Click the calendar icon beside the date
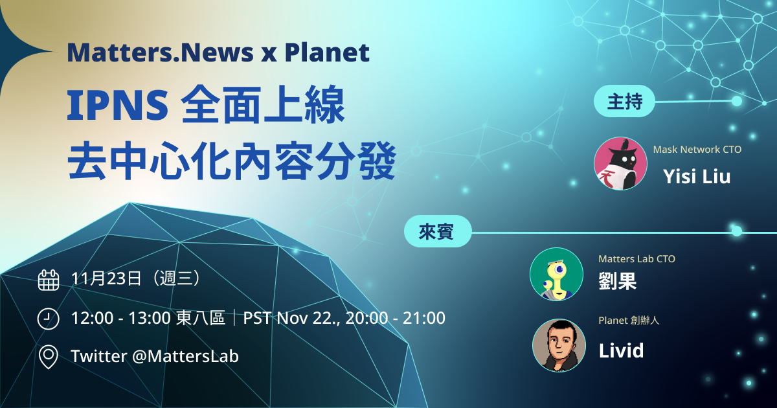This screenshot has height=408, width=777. pyautogui.click(x=49, y=280)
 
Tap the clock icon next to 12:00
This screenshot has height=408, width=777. pyautogui.click(x=48, y=319)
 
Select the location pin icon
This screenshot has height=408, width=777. pyautogui.click(x=49, y=357)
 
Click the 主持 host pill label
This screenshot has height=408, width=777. pyautogui.click(x=624, y=101)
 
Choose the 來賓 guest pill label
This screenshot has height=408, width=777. pyautogui.click(x=438, y=231)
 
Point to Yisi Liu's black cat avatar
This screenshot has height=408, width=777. pyautogui.click(x=620, y=163)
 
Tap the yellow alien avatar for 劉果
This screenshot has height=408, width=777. pyautogui.click(x=556, y=274)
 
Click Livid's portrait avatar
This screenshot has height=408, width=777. pyautogui.click(x=559, y=345)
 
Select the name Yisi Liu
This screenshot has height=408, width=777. pyautogui.click(x=697, y=177)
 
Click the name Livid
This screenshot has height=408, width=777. pyautogui.click(x=621, y=350)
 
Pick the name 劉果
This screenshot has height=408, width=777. pyautogui.click(x=618, y=281)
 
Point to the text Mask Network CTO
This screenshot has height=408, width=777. pyautogui.click(x=697, y=150)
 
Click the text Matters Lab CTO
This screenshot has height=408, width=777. pyautogui.click(x=637, y=259)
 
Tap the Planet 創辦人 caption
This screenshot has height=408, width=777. pyautogui.click(x=629, y=320)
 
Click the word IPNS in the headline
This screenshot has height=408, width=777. pyautogui.click(x=118, y=105)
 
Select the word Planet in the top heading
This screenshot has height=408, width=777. pyautogui.click(x=327, y=52)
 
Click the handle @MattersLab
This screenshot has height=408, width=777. pyautogui.click(x=186, y=356)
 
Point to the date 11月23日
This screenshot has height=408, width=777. pyautogui.click(x=106, y=278)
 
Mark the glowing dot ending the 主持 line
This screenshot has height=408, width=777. pyautogui.click(x=737, y=101)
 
